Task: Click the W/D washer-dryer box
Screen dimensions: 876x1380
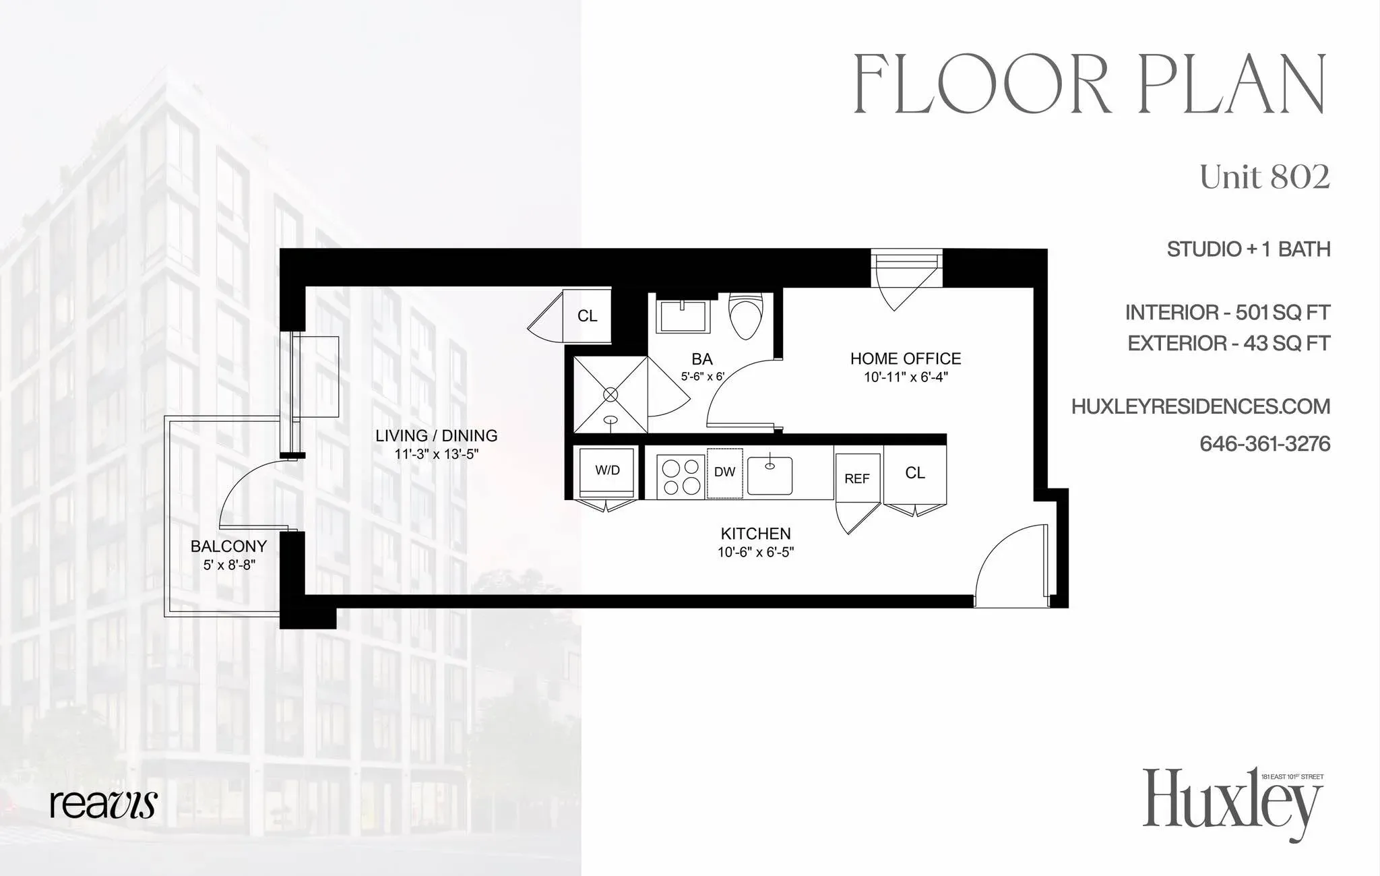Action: coord(607,471)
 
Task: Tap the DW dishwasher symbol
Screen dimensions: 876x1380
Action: coord(724,472)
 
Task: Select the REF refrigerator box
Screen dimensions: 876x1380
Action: coord(857,478)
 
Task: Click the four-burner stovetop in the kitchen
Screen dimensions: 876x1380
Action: coord(681,476)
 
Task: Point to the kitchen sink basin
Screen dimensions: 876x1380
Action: coord(770,476)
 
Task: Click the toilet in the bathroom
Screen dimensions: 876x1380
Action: coord(745,317)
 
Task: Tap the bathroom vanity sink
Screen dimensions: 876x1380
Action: coord(683,315)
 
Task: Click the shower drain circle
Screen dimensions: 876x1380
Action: coord(610,394)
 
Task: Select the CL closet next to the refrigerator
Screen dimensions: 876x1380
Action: coord(914,473)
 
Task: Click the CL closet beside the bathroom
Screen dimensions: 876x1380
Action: coord(587,315)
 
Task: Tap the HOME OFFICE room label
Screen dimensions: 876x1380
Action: coord(906,358)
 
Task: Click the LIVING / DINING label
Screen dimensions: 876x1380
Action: coord(437,436)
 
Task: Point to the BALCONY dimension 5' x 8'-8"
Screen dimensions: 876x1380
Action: coord(229,565)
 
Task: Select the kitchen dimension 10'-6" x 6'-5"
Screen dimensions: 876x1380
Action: coord(755,553)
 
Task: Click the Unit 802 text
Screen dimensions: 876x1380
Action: coord(1264,177)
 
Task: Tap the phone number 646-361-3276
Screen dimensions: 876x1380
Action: coord(1264,444)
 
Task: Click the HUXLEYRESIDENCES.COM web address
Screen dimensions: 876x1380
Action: coord(1200,406)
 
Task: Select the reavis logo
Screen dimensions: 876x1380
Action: coord(103,804)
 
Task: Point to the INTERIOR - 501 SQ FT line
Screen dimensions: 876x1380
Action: coord(1227,313)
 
